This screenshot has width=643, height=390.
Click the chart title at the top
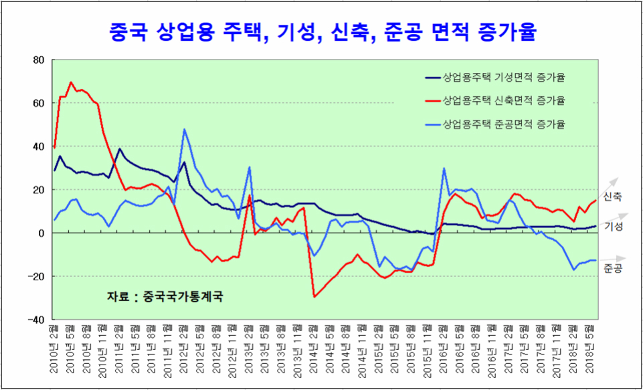[x=321, y=31]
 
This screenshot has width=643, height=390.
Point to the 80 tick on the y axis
[x=38, y=60]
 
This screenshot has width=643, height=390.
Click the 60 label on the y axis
[x=38, y=103]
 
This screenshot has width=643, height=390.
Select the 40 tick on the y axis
[x=38, y=147]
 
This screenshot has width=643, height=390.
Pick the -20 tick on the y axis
[x=36, y=276]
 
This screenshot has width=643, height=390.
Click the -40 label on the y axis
[x=36, y=320]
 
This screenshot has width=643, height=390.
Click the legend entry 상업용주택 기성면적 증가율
[x=504, y=78]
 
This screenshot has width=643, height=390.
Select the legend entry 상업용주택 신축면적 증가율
[x=504, y=101]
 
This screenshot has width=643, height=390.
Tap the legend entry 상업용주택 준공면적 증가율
[x=504, y=124]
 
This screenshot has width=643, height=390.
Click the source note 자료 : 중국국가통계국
[x=164, y=296]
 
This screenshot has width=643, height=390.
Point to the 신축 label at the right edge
[x=612, y=197]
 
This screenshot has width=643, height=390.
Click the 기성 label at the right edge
[x=612, y=227]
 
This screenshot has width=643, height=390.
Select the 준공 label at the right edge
[x=612, y=269]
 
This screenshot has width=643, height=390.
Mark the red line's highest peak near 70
[x=71, y=82]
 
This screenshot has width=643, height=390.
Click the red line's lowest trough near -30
[x=314, y=296]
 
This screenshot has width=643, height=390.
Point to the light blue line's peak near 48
[x=184, y=129]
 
